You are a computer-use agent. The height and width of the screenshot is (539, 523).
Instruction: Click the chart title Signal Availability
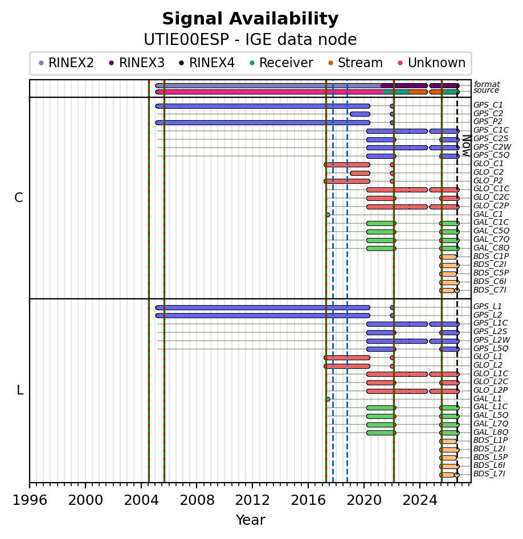250,19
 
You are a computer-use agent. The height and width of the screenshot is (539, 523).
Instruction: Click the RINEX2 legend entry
66,63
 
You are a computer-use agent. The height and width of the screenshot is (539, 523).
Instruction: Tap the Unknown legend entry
432,63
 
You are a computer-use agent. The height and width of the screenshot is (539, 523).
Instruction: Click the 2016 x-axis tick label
308,500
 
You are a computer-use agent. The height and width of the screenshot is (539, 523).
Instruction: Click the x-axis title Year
251,520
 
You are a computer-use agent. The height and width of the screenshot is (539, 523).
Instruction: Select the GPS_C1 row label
488,105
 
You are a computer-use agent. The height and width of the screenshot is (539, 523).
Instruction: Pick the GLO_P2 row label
488,180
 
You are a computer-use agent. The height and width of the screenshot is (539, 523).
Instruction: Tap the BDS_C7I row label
489,290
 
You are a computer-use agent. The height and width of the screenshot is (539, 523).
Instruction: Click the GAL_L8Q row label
491,432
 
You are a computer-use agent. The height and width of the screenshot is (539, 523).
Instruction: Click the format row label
487,84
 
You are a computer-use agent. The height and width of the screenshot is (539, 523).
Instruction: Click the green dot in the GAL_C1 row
328,215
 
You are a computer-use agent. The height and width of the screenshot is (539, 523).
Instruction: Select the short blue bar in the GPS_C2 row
360,114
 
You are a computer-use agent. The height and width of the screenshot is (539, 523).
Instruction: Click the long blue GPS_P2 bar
263,122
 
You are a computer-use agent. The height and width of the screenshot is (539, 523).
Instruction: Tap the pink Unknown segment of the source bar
269,92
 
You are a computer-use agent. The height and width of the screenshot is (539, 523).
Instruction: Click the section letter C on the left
19,198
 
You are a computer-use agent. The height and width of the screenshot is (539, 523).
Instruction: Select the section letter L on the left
20,390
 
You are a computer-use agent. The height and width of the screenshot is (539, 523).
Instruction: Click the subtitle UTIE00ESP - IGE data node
250,39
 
